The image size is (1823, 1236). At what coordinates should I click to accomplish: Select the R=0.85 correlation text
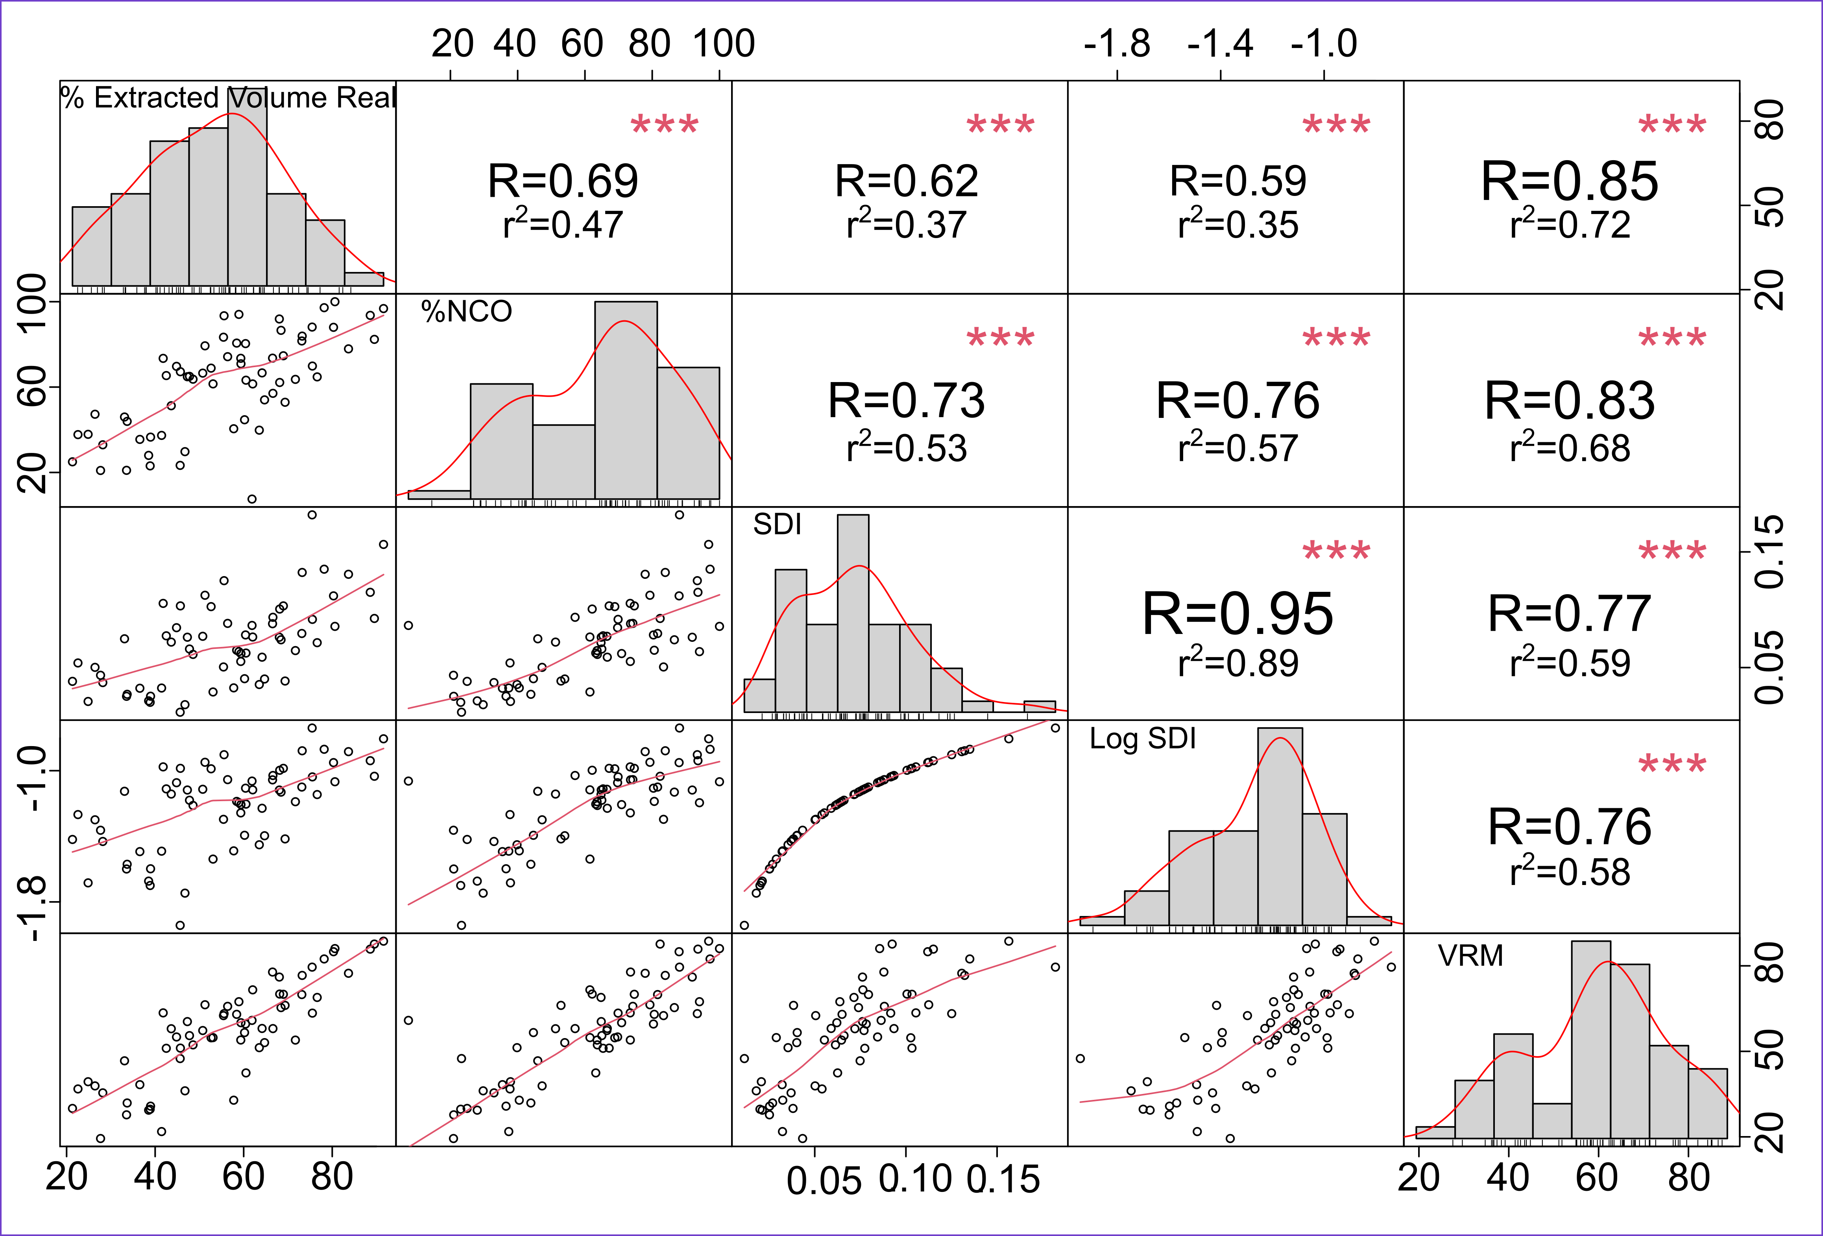click(1570, 181)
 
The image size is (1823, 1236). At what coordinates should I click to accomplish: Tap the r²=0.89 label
click(1238, 663)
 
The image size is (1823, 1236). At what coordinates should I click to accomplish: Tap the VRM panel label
click(1470, 955)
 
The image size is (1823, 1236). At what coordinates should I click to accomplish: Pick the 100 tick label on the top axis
click(723, 44)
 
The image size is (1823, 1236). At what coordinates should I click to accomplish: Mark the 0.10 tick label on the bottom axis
click(914, 1179)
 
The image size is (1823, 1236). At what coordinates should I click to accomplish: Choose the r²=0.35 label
click(1238, 225)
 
